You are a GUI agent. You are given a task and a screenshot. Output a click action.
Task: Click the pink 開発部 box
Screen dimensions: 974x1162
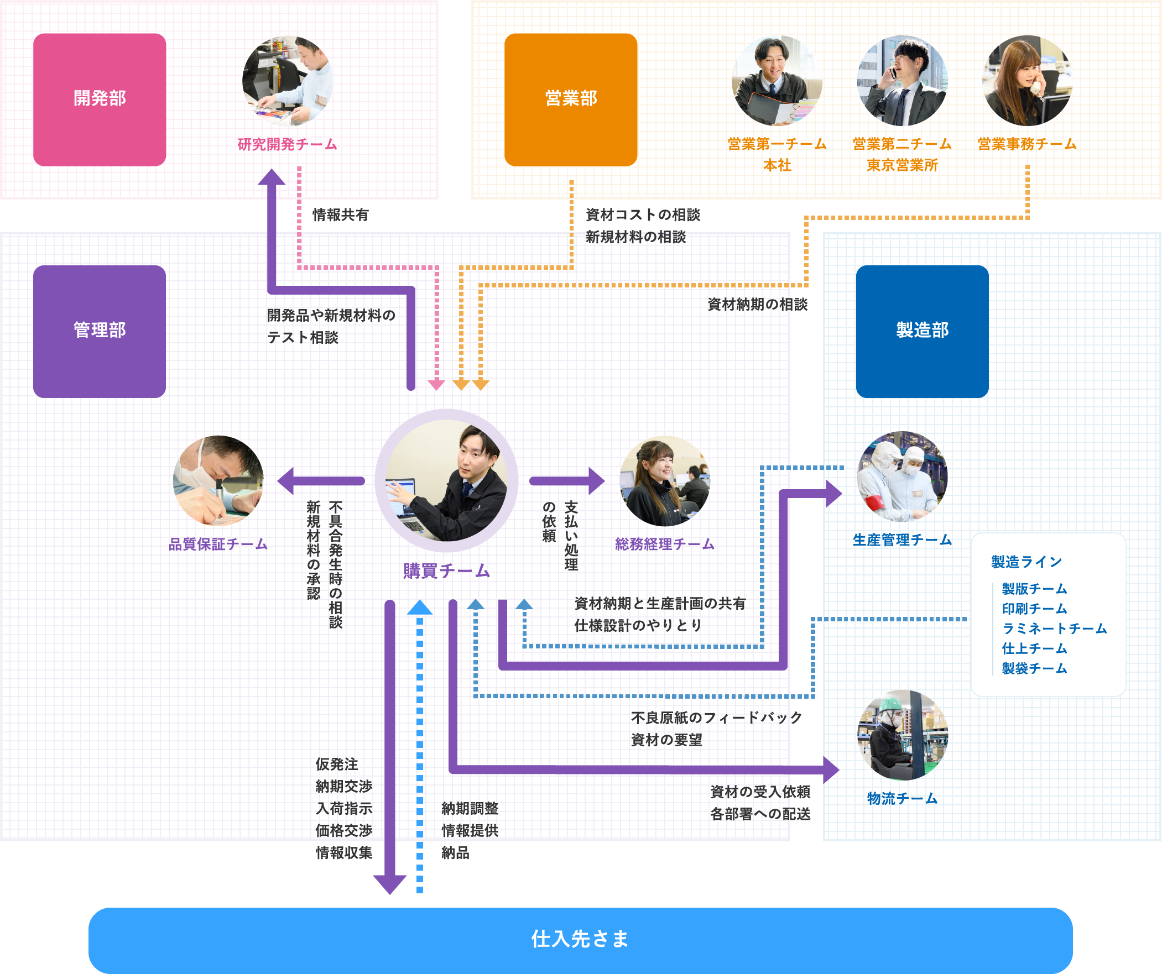(x=100, y=100)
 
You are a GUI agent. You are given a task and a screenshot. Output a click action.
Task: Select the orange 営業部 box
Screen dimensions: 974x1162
(x=570, y=100)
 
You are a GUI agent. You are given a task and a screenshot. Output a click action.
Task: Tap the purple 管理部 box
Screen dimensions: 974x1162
(x=100, y=331)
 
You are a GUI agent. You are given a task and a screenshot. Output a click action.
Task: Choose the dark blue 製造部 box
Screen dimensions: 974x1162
(x=922, y=331)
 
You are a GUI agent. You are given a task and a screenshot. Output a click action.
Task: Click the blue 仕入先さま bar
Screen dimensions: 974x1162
(x=580, y=939)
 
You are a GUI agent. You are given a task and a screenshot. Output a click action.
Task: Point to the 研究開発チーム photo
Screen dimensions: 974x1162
(x=288, y=81)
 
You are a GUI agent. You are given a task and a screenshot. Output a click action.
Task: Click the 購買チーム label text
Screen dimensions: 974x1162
(x=446, y=571)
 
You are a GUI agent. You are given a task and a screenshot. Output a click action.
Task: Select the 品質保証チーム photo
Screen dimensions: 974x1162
(x=218, y=480)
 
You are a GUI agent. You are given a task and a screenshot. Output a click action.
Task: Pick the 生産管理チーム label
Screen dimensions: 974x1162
(x=902, y=540)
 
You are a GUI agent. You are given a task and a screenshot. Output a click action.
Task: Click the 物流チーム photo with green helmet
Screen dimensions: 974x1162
(x=902, y=735)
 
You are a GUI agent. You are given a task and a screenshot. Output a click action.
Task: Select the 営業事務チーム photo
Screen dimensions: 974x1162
(x=1027, y=81)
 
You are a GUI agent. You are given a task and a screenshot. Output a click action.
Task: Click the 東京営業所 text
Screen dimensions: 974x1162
(x=902, y=165)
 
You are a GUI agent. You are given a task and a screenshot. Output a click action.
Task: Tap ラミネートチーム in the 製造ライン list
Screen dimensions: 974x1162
(x=1054, y=629)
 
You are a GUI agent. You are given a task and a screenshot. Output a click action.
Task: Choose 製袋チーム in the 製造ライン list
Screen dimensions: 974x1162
(x=1034, y=668)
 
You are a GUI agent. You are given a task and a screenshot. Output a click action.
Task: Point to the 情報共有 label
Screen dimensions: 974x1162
(x=340, y=215)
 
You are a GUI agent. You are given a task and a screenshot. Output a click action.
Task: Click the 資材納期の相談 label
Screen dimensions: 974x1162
(x=758, y=304)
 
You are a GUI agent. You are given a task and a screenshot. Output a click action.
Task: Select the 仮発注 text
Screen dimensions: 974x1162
(x=337, y=764)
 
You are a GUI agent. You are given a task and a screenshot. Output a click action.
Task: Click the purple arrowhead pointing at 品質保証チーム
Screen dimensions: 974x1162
(x=286, y=480)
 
